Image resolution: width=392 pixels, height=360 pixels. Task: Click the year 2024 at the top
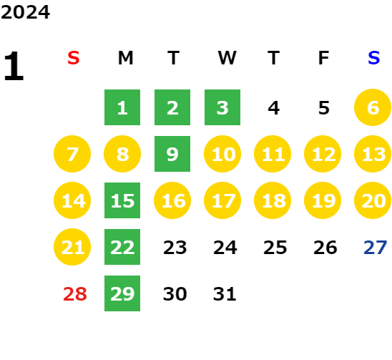(x=25, y=12)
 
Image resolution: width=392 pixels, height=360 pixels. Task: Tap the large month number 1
(x=14, y=66)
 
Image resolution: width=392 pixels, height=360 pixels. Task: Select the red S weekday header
(x=74, y=58)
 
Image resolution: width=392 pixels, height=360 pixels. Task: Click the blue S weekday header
(x=373, y=58)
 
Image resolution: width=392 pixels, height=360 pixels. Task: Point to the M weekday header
(x=125, y=58)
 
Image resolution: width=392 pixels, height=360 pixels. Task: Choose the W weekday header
(x=227, y=58)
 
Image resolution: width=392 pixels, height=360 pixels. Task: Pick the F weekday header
(x=323, y=58)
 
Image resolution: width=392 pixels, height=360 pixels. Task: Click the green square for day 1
(x=122, y=107)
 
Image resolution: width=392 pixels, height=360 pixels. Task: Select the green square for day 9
(x=172, y=154)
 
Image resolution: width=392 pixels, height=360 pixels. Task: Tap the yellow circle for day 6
(x=373, y=107)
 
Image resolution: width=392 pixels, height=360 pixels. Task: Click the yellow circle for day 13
(x=373, y=154)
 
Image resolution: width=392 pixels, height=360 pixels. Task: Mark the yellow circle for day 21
(x=72, y=247)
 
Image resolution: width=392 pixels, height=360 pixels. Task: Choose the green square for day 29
(x=122, y=293)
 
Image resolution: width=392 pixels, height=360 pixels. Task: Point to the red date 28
(x=75, y=294)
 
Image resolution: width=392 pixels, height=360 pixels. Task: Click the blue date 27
(x=376, y=248)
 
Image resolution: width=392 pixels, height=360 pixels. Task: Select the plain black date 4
(x=273, y=108)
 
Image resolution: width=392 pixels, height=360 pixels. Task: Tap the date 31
(x=225, y=294)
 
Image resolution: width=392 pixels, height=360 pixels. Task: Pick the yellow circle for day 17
(x=222, y=200)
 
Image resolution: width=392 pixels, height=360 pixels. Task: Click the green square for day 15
(x=122, y=200)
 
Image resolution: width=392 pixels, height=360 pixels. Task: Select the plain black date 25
(x=275, y=248)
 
